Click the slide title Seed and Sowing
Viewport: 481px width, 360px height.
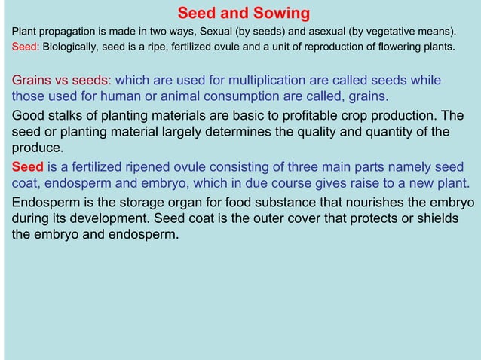244,14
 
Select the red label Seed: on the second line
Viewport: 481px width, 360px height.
26,47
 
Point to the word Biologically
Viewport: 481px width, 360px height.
71,47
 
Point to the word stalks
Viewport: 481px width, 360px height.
67,116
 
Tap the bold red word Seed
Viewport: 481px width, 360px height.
27,166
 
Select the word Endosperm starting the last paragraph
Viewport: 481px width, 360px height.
46,203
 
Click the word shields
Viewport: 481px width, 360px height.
440,218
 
